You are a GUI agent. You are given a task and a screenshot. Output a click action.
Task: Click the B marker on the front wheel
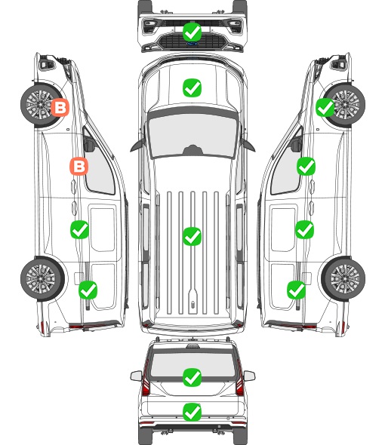(60, 108)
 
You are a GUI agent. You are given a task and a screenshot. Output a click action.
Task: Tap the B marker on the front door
(79, 166)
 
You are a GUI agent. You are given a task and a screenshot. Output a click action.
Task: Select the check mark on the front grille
(192, 32)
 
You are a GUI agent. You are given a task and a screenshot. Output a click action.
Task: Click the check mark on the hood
(192, 87)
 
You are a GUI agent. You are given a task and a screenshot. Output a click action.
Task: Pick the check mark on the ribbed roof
(192, 236)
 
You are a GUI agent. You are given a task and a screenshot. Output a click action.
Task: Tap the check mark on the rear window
(192, 377)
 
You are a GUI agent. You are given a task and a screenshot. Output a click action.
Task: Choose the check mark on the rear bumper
(192, 412)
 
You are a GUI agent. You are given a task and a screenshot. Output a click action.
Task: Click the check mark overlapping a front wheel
(325, 108)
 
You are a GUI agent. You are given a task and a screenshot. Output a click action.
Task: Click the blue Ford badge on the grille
(192, 44)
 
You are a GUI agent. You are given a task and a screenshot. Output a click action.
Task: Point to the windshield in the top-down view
(192, 134)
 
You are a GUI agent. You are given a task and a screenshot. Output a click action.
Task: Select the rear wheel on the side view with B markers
(42, 278)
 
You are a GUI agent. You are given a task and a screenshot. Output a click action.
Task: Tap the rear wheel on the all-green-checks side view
(343, 278)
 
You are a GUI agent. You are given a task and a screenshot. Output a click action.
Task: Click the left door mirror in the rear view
(137, 376)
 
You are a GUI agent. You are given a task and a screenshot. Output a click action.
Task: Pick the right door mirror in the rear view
(249, 376)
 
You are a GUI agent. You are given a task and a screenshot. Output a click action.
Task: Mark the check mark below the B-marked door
(79, 229)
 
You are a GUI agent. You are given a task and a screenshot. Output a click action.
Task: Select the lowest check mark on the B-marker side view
(88, 290)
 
